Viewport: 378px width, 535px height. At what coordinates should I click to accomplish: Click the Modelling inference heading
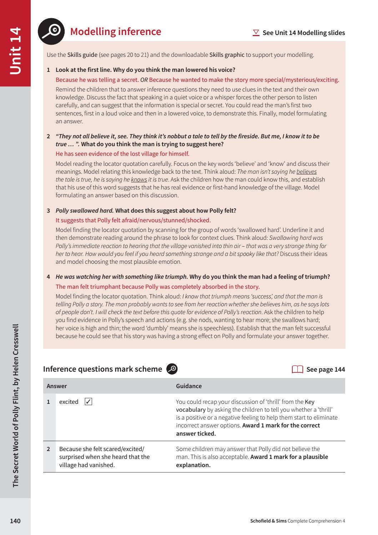(116, 31)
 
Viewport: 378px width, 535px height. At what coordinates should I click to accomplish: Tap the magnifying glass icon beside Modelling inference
(51, 31)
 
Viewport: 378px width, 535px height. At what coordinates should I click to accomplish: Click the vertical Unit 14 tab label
(16, 51)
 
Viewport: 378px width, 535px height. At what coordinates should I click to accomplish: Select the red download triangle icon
(256, 33)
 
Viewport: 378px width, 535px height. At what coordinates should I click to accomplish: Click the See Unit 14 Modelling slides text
(303, 33)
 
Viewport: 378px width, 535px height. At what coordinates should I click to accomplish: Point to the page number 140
(15, 521)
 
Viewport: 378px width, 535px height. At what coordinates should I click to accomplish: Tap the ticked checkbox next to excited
(88, 402)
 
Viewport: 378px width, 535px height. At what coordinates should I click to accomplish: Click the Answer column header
(57, 386)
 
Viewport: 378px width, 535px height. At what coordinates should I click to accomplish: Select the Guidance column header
(189, 386)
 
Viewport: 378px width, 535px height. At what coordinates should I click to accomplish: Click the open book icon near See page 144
(297, 369)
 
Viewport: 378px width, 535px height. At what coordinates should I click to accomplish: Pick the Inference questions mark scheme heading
(102, 369)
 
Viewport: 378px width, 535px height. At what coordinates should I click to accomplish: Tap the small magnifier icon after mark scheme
(172, 369)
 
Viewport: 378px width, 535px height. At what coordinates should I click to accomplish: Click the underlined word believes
(306, 172)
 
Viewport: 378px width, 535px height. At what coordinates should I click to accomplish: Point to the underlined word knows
(139, 179)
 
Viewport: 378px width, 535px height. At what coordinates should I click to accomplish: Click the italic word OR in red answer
(144, 80)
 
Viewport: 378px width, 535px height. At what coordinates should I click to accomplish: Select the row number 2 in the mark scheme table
(49, 449)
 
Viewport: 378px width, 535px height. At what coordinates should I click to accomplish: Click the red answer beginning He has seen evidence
(122, 154)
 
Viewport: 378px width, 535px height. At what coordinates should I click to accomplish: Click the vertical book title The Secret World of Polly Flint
(16, 405)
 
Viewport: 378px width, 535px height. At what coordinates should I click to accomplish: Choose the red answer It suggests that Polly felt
(133, 220)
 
